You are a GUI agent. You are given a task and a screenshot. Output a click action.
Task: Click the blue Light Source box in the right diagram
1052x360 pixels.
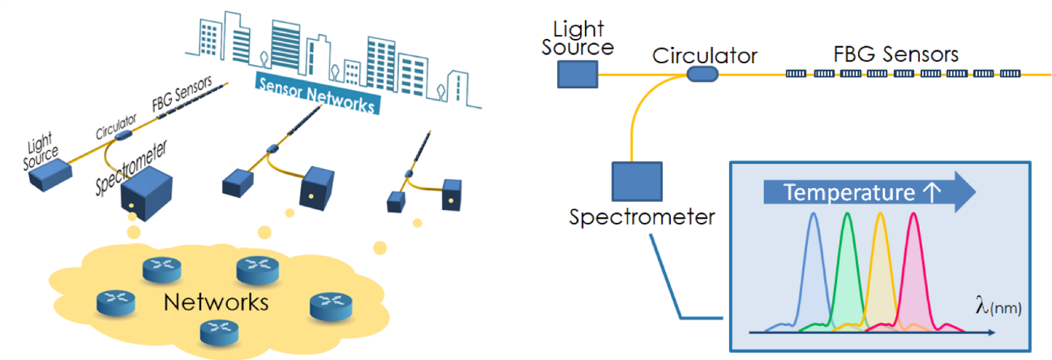(x=578, y=75)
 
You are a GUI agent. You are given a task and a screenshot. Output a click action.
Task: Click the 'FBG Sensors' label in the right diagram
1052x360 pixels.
(x=896, y=54)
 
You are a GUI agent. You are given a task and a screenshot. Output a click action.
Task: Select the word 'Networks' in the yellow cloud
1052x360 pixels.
(x=216, y=302)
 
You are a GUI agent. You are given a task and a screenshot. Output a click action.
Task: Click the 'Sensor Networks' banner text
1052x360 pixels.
(x=316, y=94)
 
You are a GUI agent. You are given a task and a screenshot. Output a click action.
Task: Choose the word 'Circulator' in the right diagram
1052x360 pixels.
(x=705, y=55)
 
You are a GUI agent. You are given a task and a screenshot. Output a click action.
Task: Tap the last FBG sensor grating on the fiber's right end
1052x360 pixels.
(x=1010, y=74)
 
